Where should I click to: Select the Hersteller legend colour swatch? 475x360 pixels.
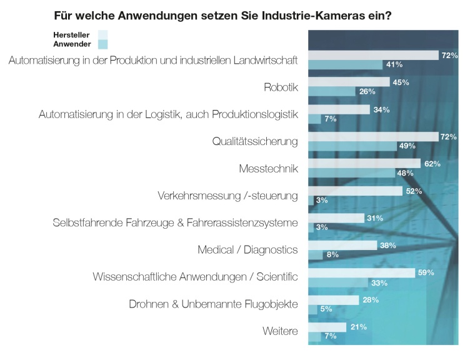click(x=103, y=34)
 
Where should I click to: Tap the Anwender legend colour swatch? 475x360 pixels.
click(x=103, y=44)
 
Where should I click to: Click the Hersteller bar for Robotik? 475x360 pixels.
click(x=349, y=82)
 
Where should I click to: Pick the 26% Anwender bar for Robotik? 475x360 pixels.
click(x=332, y=91)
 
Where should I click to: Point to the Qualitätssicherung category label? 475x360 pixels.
click(x=255, y=141)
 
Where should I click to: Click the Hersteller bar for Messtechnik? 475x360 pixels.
click(x=364, y=164)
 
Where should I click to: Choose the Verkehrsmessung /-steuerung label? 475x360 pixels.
click(x=227, y=196)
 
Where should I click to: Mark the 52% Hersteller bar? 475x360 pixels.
click(x=355, y=191)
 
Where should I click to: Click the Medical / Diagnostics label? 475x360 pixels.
click(x=247, y=250)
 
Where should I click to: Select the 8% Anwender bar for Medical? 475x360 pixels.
click(x=316, y=254)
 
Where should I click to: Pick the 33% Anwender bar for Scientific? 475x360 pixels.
click(x=337, y=282)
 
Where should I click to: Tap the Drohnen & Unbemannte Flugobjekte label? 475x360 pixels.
click(x=213, y=304)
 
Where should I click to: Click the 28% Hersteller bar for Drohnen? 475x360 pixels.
click(x=334, y=300)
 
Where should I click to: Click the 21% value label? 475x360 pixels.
click(x=359, y=327)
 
